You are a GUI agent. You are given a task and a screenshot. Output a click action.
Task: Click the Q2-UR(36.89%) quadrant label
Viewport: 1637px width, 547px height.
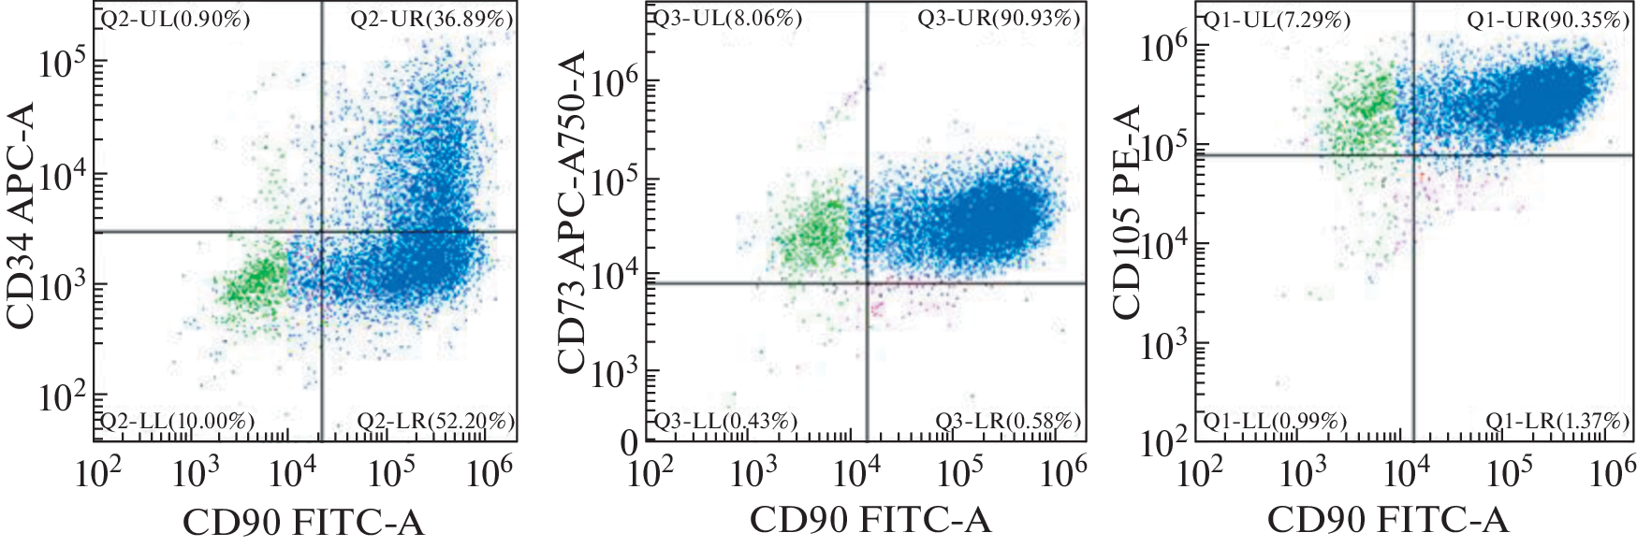click(x=431, y=19)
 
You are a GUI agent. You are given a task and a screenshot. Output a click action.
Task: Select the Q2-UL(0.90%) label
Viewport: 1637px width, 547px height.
click(x=175, y=19)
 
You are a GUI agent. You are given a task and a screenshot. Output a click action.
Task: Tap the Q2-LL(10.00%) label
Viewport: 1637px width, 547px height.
click(x=177, y=422)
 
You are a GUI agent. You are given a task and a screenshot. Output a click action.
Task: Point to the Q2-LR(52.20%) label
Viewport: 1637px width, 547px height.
click(x=435, y=422)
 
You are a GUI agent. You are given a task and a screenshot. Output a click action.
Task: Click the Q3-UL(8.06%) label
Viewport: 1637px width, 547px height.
click(x=726, y=19)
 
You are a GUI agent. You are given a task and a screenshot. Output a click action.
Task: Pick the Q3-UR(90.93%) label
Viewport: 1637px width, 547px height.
click(x=999, y=19)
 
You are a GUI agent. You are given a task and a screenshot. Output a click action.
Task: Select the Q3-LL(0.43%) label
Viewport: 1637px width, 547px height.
click(x=725, y=422)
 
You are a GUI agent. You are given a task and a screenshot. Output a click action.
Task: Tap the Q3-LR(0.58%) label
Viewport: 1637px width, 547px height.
click(x=1008, y=422)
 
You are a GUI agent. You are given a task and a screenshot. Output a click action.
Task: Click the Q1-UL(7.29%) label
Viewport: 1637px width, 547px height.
click(x=1276, y=19)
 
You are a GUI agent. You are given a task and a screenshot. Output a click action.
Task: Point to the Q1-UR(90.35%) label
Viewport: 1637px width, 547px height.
click(x=1548, y=19)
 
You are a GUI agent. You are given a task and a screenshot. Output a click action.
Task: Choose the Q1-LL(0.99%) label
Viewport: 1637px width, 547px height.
click(x=1275, y=422)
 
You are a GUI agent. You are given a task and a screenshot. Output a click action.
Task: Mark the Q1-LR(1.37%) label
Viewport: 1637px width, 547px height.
click(x=1557, y=422)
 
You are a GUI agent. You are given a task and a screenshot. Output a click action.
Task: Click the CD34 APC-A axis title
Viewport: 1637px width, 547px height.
click(x=21, y=216)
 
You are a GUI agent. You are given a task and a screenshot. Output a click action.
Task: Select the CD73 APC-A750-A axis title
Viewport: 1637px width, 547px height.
click(x=572, y=213)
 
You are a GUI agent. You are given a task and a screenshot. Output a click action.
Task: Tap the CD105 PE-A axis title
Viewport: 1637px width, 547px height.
click(x=1128, y=212)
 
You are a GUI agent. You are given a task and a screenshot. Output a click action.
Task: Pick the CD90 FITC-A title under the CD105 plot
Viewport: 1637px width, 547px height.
click(x=1388, y=520)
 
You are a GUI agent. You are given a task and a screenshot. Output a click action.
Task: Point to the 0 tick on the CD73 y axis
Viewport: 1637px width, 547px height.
click(x=630, y=442)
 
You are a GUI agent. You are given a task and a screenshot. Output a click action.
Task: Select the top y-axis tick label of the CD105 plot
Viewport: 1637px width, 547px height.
click(x=1164, y=48)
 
